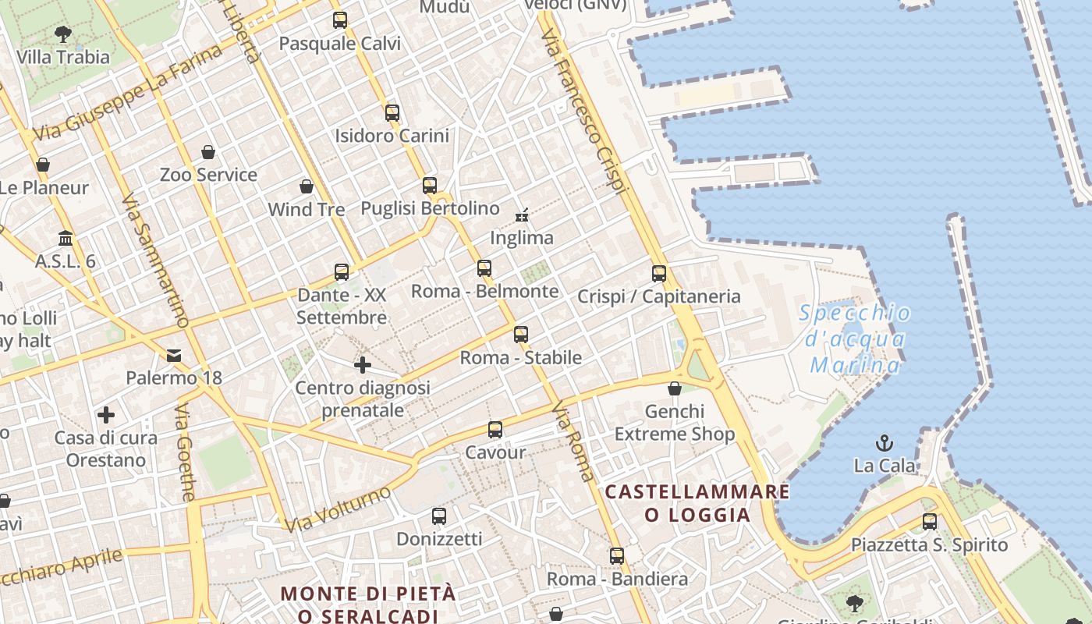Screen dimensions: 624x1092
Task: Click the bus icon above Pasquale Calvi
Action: pyautogui.click(x=339, y=20)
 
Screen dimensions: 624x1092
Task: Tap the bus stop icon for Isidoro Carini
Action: pyautogui.click(x=392, y=113)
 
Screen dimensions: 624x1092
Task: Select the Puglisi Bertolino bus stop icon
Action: pyautogui.click(x=430, y=186)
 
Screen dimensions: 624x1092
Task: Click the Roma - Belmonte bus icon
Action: pyautogui.click(x=484, y=268)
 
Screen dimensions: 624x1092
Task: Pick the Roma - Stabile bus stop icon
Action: pyautogui.click(x=521, y=335)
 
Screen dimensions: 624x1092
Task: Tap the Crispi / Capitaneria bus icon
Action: pyautogui.click(x=659, y=274)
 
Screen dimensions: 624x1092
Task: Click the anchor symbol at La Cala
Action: pyautogui.click(x=885, y=443)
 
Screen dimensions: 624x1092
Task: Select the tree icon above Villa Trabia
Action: pyautogui.click(x=63, y=34)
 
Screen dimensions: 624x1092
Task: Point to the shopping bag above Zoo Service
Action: pyautogui.click(x=207, y=152)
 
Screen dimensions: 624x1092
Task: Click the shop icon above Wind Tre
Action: pyautogui.click(x=307, y=186)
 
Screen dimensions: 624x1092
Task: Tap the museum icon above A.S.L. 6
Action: pyautogui.click(x=66, y=238)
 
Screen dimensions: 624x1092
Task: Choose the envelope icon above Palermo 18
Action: pyautogui.click(x=174, y=356)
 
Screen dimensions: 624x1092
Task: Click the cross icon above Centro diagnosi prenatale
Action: pyautogui.click(x=362, y=364)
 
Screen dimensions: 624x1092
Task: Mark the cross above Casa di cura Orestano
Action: pyautogui.click(x=106, y=415)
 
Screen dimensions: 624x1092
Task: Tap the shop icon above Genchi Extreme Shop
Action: pyautogui.click(x=675, y=388)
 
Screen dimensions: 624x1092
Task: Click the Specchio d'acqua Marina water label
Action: pyautogui.click(x=855, y=339)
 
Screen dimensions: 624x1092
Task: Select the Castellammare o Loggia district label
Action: pyautogui.click(x=697, y=503)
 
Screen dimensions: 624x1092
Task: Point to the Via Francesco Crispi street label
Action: pyautogui.click(x=584, y=112)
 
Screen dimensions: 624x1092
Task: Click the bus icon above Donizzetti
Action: pyautogui.click(x=439, y=516)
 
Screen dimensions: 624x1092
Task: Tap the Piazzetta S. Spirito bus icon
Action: pyautogui.click(x=929, y=522)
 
